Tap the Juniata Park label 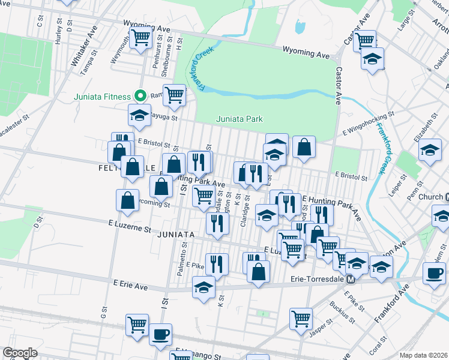click(240, 119)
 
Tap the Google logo click(19, 353)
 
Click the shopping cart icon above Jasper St click(301, 319)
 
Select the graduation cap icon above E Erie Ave click(204, 287)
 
